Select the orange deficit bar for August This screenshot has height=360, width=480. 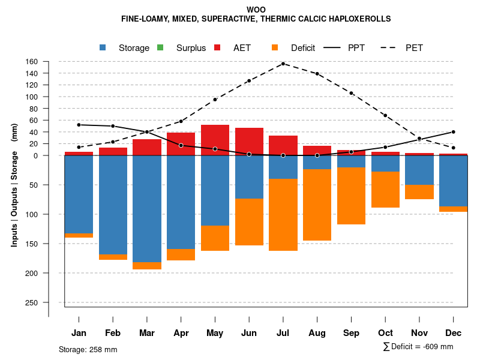click(x=317, y=205)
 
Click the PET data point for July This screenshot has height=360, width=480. click(x=283, y=64)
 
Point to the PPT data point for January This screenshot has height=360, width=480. click(x=79, y=125)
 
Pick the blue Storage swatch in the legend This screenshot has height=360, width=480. click(x=103, y=48)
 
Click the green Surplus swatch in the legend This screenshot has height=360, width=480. click(x=160, y=48)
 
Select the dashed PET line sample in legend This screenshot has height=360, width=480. click(x=392, y=48)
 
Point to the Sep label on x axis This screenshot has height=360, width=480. click(x=351, y=333)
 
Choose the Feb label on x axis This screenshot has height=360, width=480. click(x=113, y=333)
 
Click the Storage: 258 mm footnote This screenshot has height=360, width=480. click(x=88, y=349)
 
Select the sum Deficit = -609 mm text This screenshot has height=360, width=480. click(x=418, y=347)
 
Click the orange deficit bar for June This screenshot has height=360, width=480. click(x=249, y=222)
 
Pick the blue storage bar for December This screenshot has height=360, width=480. click(x=453, y=181)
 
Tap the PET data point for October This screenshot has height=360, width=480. click(x=385, y=115)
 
